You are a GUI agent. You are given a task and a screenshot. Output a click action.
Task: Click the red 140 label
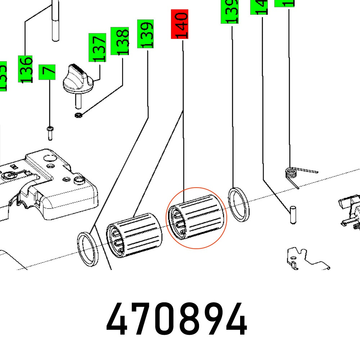click(x=179, y=24)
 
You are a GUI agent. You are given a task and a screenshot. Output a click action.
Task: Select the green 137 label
click(x=97, y=47)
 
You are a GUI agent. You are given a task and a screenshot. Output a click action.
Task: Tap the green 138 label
click(x=120, y=41)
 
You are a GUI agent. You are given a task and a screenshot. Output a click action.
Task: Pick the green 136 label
click(x=26, y=69)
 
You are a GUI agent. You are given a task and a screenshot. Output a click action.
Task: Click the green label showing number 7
click(x=48, y=73)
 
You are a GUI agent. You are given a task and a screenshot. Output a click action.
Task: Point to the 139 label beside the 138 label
click(x=145, y=34)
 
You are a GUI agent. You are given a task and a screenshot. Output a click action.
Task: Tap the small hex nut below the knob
click(x=77, y=115)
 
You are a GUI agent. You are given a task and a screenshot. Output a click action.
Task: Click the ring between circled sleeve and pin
click(x=238, y=204)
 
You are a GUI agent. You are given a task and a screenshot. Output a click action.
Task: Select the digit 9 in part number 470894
click(x=213, y=320)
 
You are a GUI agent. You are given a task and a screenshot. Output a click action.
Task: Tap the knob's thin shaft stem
click(x=77, y=101)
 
